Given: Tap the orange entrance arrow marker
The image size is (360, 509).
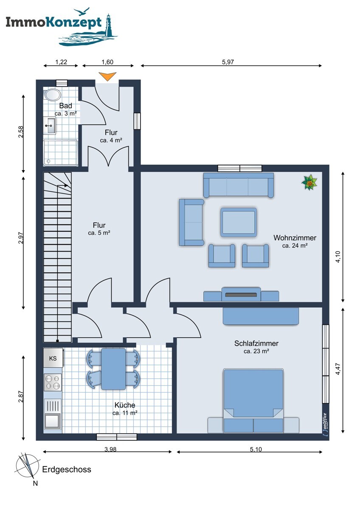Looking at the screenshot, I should (x=107, y=77).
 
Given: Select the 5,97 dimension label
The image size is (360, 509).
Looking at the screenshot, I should (x=228, y=62).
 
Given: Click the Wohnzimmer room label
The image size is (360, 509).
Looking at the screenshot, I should (x=295, y=238).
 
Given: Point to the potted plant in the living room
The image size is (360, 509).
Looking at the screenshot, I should (x=309, y=183).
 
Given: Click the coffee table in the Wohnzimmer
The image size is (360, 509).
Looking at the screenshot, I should (x=238, y=222).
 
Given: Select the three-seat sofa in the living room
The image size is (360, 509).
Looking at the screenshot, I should (x=238, y=185).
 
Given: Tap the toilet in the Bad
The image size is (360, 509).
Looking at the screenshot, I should (x=52, y=94).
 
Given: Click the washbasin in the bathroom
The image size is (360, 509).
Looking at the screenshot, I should (x=51, y=125).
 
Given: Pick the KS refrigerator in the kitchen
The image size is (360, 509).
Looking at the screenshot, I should (x=53, y=358).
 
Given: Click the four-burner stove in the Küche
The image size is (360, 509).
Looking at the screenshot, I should (x=53, y=382).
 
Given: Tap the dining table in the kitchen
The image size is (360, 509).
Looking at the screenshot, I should (x=113, y=368).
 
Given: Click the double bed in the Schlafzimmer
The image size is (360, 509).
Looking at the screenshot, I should (x=253, y=400).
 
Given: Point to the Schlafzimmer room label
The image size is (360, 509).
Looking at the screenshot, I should (x=256, y=344).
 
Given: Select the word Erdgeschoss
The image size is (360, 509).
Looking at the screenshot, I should (x=67, y=470).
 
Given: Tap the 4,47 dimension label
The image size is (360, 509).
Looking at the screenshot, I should (x=337, y=369).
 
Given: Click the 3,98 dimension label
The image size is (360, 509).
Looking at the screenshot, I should (x=110, y=450).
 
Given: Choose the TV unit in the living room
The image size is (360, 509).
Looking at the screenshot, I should (x=241, y=295).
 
